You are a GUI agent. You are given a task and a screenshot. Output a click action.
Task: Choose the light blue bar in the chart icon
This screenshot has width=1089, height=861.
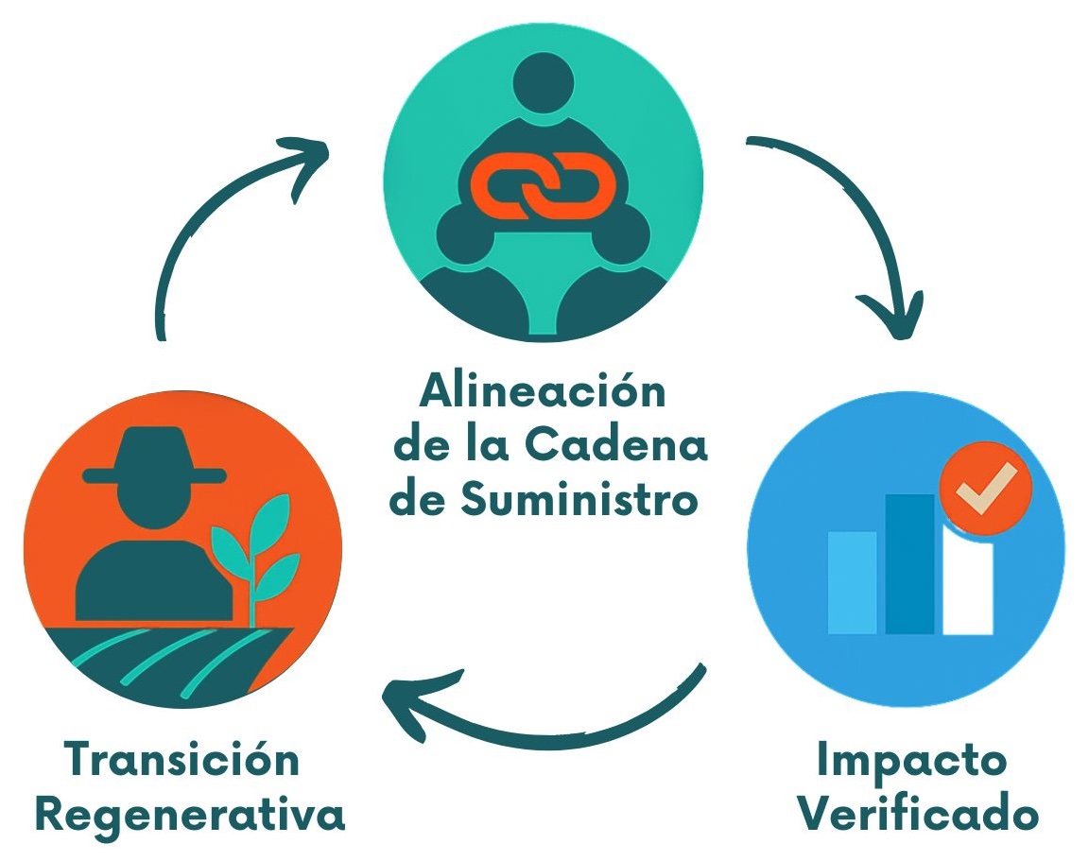[852, 581]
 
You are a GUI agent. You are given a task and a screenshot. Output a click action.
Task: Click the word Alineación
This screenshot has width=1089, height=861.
[543, 390]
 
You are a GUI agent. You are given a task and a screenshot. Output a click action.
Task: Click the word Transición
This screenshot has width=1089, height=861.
[182, 760]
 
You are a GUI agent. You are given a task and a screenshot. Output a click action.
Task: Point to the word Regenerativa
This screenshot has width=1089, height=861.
[190, 815]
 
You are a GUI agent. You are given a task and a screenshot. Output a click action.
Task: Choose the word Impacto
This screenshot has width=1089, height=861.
[912, 760]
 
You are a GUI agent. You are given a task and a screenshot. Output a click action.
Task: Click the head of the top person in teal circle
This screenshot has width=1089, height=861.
[545, 83]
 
